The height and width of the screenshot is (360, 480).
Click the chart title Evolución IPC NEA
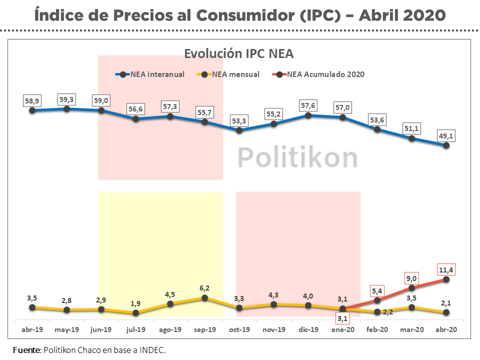click(239, 53)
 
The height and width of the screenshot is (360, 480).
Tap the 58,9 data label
click(32, 100)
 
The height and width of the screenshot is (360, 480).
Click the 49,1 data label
click(446, 135)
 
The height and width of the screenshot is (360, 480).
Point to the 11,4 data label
click(446, 270)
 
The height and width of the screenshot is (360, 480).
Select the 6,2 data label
click(204, 288)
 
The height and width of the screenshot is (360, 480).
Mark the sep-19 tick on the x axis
click(204, 329)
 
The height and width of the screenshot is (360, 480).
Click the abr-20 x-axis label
click(446, 329)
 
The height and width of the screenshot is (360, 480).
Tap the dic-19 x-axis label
click(308, 329)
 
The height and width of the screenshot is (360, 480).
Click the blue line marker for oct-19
click(239, 130)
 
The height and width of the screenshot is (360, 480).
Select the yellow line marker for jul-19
click(135, 313)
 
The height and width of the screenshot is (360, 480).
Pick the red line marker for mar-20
click(411, 288)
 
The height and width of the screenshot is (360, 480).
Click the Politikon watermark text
click(297, 157)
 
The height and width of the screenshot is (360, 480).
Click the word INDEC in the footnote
click(151, 350)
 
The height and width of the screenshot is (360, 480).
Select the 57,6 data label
click(308, 105)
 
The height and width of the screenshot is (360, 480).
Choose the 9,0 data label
click(411, 278)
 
